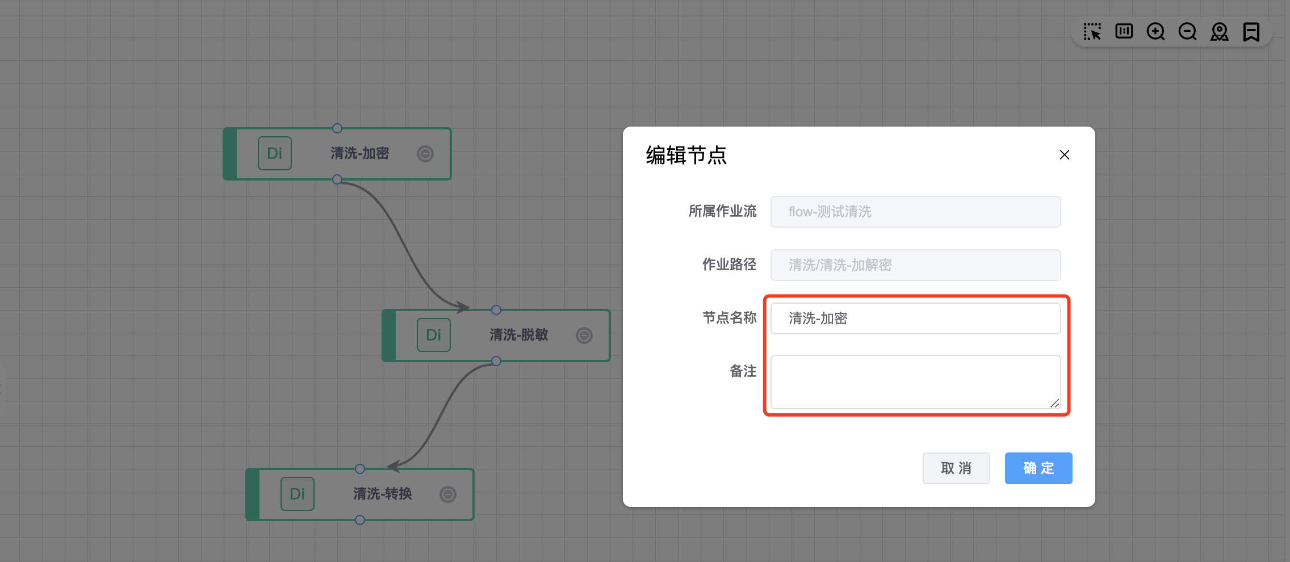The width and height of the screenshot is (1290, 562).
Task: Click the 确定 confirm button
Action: [1038, 468]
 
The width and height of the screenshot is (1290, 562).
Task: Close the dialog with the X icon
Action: [1065, 155]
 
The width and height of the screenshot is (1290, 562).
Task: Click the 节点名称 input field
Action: [915, 318]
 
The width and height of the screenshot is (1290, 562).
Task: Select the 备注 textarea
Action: [915, 382]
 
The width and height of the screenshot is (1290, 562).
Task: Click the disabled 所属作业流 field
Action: [915, 212]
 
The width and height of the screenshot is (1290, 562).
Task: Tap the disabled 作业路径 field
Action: [915, 265]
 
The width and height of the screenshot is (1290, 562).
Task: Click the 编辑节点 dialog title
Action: [686, 155]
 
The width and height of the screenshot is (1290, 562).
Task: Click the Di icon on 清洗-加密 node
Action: [275, 153]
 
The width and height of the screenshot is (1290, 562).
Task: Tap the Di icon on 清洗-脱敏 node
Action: [434, 335]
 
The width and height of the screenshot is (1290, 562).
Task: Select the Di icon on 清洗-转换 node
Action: [298, 494]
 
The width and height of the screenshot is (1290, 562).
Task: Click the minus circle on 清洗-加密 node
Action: [425, 154]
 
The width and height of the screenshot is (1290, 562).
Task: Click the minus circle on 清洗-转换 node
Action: [448, 494]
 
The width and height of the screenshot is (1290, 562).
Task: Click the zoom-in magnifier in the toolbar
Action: [1155, 32]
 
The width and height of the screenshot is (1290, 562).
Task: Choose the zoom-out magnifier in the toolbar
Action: [1187, 32]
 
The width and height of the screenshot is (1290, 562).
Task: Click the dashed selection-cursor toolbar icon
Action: [1092, 32]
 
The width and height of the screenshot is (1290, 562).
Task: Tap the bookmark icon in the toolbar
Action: [1251, 32]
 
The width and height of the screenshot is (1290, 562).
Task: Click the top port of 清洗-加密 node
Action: [337, 128]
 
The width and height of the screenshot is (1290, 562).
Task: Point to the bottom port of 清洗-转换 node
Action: [360, 520]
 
